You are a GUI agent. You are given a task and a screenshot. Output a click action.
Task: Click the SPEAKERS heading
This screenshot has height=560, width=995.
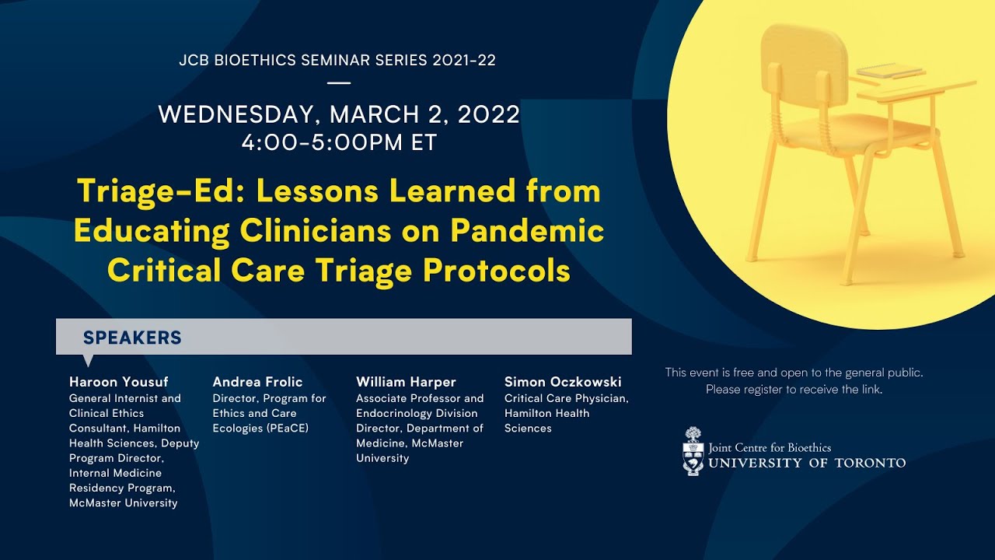[132, 338]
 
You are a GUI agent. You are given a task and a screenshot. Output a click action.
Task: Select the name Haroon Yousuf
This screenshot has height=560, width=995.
[118, 382]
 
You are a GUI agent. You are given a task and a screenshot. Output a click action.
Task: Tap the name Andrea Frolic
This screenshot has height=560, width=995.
[257, 382]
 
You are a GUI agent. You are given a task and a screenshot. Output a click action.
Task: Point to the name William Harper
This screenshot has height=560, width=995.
[406, 382]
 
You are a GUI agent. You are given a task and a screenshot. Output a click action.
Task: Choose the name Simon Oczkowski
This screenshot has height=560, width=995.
[563, 382]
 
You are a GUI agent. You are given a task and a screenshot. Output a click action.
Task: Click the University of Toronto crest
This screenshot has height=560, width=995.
[693, 451]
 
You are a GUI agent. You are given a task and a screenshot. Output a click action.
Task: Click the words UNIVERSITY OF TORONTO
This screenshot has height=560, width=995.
[807, 463]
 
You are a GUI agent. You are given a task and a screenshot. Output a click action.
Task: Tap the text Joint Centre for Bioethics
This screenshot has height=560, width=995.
[770, 447]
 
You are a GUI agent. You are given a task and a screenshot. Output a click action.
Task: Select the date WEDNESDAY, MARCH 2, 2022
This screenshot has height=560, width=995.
[339, 114]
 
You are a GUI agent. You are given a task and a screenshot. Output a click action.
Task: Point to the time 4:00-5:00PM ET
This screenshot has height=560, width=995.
[339, 143]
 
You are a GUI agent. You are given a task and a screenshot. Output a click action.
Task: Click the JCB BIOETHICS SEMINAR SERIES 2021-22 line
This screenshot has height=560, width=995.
[337, 61]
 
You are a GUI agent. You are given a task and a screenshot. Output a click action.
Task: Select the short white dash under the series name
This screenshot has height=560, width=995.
[339, 82]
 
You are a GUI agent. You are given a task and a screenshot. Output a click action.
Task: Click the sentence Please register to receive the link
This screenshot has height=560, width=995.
[794, 390]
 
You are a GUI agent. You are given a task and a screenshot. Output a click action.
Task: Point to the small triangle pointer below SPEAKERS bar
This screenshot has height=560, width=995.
[88, 361]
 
